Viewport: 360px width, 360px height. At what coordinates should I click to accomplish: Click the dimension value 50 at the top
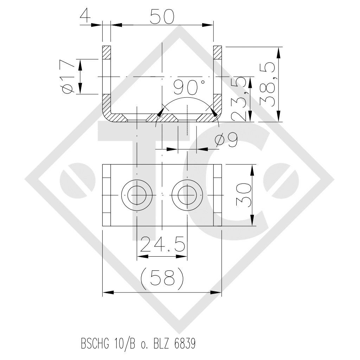[x=162, y=16]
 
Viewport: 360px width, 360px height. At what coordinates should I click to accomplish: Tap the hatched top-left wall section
[x=106, y=53]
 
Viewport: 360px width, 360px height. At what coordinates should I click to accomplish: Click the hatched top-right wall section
[x=218, y=53]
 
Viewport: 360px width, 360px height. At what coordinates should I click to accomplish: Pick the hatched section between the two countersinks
[x=162, y=117]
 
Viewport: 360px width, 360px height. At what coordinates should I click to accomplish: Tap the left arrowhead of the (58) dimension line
[x=107, y=292]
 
